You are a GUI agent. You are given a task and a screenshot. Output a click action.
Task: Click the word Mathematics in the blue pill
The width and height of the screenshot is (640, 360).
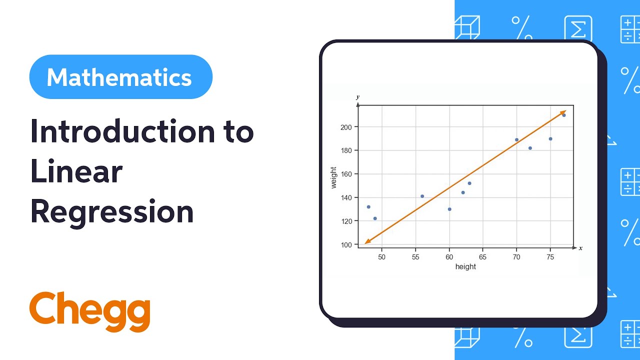pyautogui.click(x=119, y=77)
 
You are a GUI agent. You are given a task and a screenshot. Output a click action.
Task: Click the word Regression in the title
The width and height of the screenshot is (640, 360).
pyautogui.click(x=112, y=212)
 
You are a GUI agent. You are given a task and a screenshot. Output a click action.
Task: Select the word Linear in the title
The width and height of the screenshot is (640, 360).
pyautogui.click(x=76, y=172)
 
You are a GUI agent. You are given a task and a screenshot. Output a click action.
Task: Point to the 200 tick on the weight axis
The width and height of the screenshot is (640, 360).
pyautogui.click(x=346, y=127)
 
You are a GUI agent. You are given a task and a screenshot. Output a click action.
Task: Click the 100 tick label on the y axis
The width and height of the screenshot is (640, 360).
pyautogui.click(x=346, y=244)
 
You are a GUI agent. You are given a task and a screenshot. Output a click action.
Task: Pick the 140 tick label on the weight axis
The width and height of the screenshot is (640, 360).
pyautogui.click(x=346, y=197)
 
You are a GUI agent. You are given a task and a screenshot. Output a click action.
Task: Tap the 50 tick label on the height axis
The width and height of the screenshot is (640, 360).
pyautogui.click(x=382, y=257)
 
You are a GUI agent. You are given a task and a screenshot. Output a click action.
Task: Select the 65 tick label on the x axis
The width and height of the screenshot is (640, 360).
pyautogui.click(x=482, y=257)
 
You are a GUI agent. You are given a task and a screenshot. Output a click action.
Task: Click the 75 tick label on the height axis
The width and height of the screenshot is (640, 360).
pyautogui.click(x=550, y=257)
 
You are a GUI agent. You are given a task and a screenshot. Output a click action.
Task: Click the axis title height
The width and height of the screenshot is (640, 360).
pyautogui.click(x=465, y=267)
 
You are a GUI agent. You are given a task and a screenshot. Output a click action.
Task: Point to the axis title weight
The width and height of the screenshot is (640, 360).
pyautogui.click(x=334, y=177)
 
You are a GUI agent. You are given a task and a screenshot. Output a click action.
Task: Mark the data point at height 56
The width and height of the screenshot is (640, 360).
pyautogui.click(x=422, y=196)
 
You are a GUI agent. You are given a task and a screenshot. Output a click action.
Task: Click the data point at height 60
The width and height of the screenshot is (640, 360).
pyautogui.click(x=449, y=209)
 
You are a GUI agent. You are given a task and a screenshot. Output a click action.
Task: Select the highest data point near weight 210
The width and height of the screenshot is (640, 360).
pyautogui.click(x=564, y=115)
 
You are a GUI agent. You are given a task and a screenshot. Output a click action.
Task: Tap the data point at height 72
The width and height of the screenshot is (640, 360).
pyautogui.click(x=530, y=148)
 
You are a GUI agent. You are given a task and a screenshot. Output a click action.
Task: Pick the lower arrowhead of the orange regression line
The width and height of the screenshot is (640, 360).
pyautogui.click(x=367, y=242)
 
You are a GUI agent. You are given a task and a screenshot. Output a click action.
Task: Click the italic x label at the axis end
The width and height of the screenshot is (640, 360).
pyautogui.click(x=580, y=248)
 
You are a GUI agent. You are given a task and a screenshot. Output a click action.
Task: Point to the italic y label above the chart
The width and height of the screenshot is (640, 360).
pyautogui.click(x=357, y=97)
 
